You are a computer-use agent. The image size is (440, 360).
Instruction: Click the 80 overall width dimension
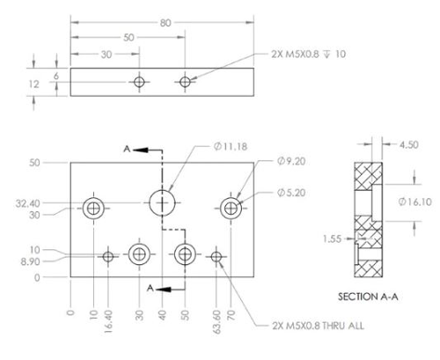click(165, 23)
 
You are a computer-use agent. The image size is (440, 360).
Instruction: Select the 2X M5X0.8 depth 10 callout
click(308, 54)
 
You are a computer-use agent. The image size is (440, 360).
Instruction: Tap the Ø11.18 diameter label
click(231, 146)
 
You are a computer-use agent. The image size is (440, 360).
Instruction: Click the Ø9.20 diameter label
click(291, 161)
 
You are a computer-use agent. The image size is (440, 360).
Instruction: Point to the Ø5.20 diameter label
click(291, 193)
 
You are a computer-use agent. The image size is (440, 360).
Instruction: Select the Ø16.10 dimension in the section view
click(415, 202)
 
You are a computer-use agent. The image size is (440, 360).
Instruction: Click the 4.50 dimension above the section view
click(409, 144)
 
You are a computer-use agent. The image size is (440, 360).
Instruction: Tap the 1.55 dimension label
click(332, 239)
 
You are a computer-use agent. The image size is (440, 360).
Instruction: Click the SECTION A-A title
click(368, 297)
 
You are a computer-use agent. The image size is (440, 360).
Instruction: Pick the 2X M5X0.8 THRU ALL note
click(318, 326)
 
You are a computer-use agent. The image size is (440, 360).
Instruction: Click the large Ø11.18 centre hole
click(162, 202)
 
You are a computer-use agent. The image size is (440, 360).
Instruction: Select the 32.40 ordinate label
click(28, 203)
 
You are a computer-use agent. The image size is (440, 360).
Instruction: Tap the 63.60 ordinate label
click(216, 321)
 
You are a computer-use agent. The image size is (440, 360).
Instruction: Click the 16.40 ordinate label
click(108, 321)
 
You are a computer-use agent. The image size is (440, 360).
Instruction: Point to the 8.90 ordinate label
click(30, 261)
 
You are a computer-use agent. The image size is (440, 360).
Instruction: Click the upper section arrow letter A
click(127, 149)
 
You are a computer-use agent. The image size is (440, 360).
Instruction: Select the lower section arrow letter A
click(150, 288)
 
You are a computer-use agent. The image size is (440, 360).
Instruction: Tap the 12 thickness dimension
click(33, 84)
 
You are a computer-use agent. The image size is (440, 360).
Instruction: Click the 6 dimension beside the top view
click(56, 76)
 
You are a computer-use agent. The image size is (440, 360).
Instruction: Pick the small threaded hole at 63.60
click(216, 257)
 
